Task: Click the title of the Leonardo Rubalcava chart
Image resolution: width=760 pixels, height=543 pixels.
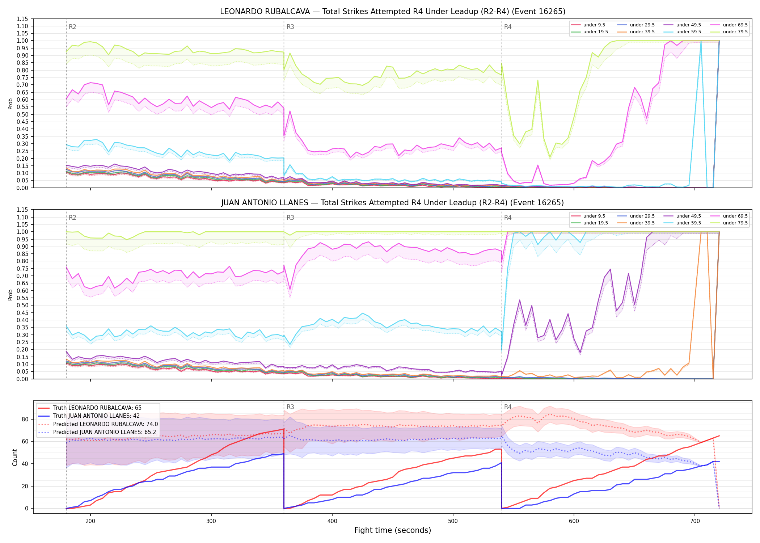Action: click(x=393, y=12)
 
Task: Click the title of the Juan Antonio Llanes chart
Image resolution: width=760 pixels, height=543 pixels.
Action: click(x=393, y=203)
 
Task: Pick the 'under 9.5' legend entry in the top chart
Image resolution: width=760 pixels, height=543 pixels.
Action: click(x=588, y=25)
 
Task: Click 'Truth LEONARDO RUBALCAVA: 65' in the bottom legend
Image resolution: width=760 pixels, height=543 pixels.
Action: click(x=90, y=408)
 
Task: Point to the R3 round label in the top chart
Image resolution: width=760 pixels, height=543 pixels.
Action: click(x=290, y=27)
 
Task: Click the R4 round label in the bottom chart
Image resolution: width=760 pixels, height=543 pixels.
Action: click(x=508, y=407)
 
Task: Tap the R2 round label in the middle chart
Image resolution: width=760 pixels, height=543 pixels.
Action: click(x=72, y=218)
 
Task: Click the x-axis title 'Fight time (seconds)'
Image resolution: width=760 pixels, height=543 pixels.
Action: click(x=393, y=530)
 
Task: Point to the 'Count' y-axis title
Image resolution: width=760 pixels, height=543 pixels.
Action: click(x=15, y=457)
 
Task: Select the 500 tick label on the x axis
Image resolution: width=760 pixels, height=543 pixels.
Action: click(x=453, y=521)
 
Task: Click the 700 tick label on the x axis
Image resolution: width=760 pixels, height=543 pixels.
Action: click(x=695, y=521)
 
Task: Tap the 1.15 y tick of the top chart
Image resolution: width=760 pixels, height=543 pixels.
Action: click(x=22, y=19)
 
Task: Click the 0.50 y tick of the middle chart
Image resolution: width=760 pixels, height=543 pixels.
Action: click(x=22, y=305)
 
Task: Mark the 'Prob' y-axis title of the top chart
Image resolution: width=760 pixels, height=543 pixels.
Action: click(x=10, y=104)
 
